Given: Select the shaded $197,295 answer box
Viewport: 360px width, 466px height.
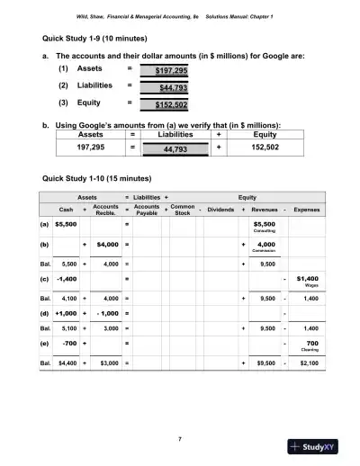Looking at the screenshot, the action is click(170, 69).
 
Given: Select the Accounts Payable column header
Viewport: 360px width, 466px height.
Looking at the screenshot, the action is click(147, 209).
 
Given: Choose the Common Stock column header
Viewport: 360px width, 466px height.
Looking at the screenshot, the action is click(182, 209).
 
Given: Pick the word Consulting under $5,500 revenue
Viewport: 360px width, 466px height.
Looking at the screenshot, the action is click(264, 231).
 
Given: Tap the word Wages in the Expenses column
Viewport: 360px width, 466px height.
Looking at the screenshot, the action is click(309, 285).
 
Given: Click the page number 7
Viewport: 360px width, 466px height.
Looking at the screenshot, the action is click(180, 438).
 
